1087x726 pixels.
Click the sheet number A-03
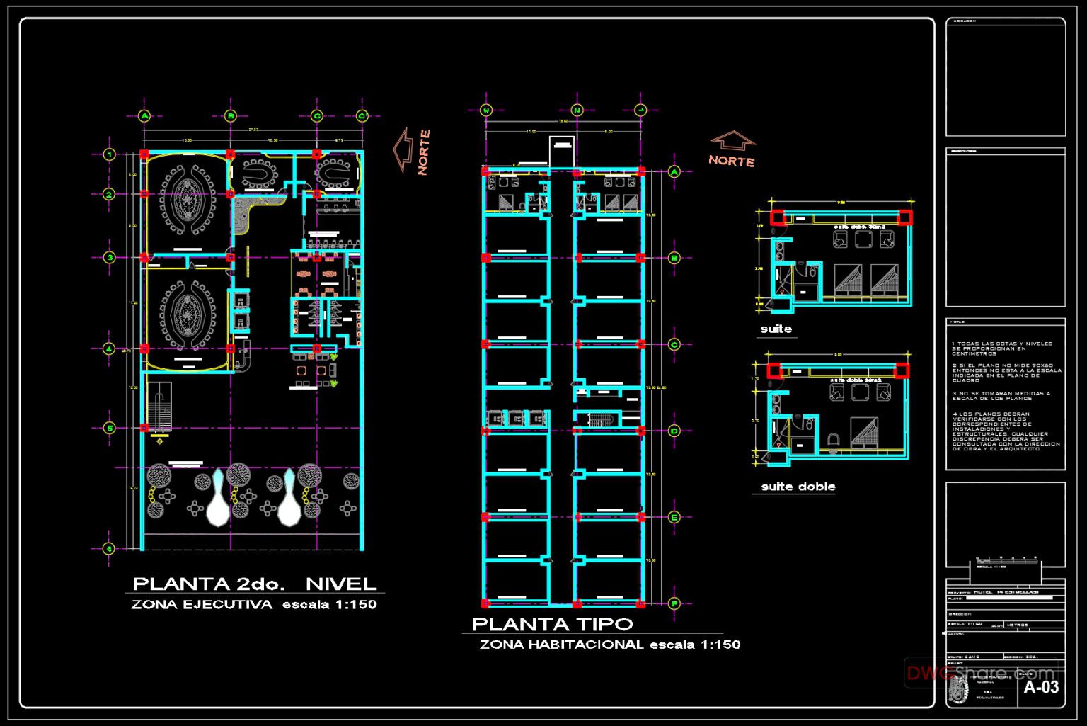(1041, 686)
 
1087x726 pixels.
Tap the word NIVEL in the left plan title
(341, 584)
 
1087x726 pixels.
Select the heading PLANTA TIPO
(552, 624)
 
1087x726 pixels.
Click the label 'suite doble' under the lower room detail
(798, 487)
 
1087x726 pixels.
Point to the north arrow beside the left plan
(403, 149)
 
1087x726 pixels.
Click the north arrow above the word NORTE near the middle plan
(732, 140)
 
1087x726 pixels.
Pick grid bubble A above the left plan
(144, 116)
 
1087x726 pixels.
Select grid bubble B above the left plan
(231, 116)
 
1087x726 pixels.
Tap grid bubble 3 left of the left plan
(110, 258)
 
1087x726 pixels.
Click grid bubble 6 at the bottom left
(109, 548)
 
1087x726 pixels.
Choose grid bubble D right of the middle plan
(674, 431)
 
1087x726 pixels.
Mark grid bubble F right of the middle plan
(674, 603)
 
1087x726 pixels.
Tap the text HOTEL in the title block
(983, 591)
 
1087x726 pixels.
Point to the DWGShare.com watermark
(980, 673)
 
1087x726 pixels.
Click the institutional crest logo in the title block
(958, 688)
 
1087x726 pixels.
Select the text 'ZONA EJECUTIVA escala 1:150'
(253, 604)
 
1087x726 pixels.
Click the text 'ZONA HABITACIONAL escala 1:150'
(609, 645)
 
